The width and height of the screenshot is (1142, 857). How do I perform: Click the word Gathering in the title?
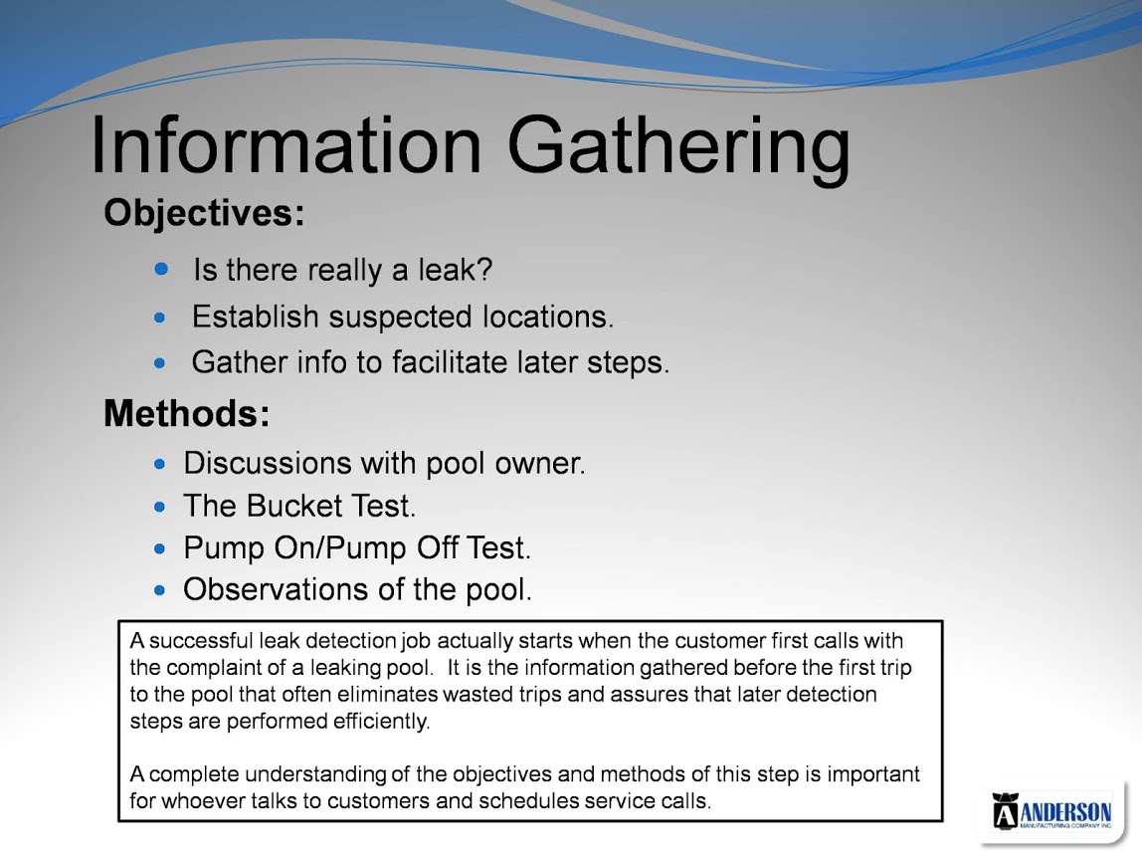678,149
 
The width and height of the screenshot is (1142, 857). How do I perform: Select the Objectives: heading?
204,214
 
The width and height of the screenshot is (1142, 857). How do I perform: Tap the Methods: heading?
186,413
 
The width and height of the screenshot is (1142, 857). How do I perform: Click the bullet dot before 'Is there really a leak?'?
162,270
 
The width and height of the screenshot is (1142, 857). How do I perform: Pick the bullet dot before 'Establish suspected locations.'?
160,318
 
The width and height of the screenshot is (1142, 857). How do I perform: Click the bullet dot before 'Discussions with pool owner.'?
160,464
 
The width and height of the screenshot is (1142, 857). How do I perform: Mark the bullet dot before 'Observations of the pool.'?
160,590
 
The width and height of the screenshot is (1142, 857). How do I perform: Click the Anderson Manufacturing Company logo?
1051,811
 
